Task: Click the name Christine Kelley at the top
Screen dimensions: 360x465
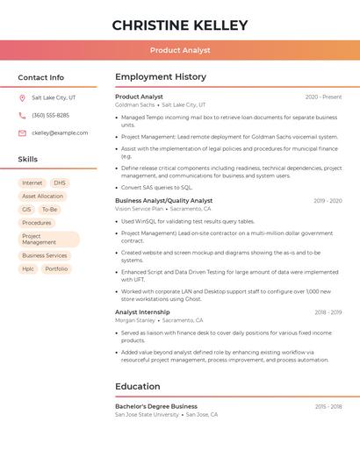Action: (x=180, y=25)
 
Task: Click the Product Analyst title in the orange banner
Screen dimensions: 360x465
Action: (x=180, y=51)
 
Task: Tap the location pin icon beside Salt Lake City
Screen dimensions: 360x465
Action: (x=22, y=98)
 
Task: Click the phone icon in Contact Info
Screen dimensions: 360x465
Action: (x=22, y=116)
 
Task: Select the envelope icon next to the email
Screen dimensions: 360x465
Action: (x=22, y=133)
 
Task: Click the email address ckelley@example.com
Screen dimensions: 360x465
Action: (x=60, y=133)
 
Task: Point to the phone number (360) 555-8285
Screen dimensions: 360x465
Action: (x=50, y=116)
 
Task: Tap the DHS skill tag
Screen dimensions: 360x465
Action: (x=60, y=183)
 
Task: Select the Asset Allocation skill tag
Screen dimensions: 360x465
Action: (x=43, y=197)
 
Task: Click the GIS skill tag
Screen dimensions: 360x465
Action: (x=26, y=210)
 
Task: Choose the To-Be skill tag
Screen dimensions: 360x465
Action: (x=50, y=210)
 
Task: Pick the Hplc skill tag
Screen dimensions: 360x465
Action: (x=28, y=268)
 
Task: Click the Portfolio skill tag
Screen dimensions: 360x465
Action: (x=56, y=268)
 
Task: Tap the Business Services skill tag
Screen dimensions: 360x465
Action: (x=45, y=255)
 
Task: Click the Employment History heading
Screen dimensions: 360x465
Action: (x=161, y=77)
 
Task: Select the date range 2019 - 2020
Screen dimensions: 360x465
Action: (x=328, y=201)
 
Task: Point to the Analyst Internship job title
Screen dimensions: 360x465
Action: (x=142, y=311)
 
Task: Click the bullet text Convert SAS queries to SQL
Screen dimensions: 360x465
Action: (x=156, y=187)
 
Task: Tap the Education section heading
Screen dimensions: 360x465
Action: (x=138, y=386)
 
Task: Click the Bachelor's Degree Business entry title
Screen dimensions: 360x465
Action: (x=156, y=406)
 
